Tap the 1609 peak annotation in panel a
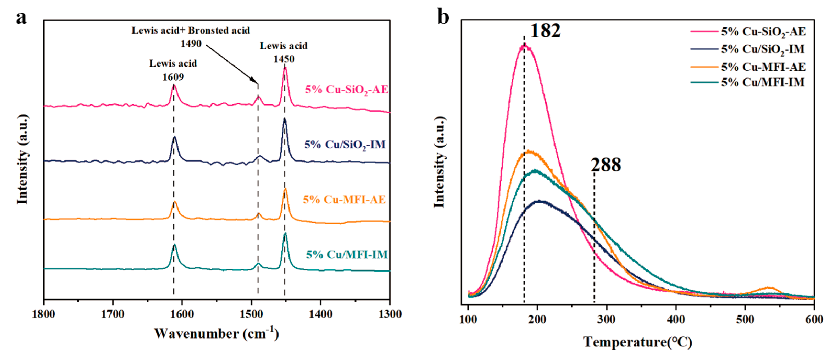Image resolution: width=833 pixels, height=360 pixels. click(173, 77)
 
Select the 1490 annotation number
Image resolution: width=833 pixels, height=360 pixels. click(191, 44)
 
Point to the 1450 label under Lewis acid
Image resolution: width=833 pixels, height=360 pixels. click(284, 59)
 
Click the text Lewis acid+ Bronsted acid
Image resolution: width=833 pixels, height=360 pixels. click(191, 31)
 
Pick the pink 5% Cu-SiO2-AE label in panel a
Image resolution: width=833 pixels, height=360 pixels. click(346, 90)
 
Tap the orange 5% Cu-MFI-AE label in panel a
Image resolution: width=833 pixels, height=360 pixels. click(344, 200)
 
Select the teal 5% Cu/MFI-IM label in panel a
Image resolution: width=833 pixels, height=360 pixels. click(347, 254)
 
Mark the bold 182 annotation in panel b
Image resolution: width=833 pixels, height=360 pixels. click(545, 31)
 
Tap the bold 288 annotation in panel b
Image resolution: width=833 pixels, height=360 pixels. click(606, 165)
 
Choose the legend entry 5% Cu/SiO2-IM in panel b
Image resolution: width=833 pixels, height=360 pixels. click(763, 49)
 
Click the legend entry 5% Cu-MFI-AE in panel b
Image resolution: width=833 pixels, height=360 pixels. click(763, 67)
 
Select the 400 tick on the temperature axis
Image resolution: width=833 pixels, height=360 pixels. click(676, 320)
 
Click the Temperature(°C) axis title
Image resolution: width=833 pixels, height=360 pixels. click(638, 342)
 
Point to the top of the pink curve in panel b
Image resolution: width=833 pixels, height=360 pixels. click(525, 45)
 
